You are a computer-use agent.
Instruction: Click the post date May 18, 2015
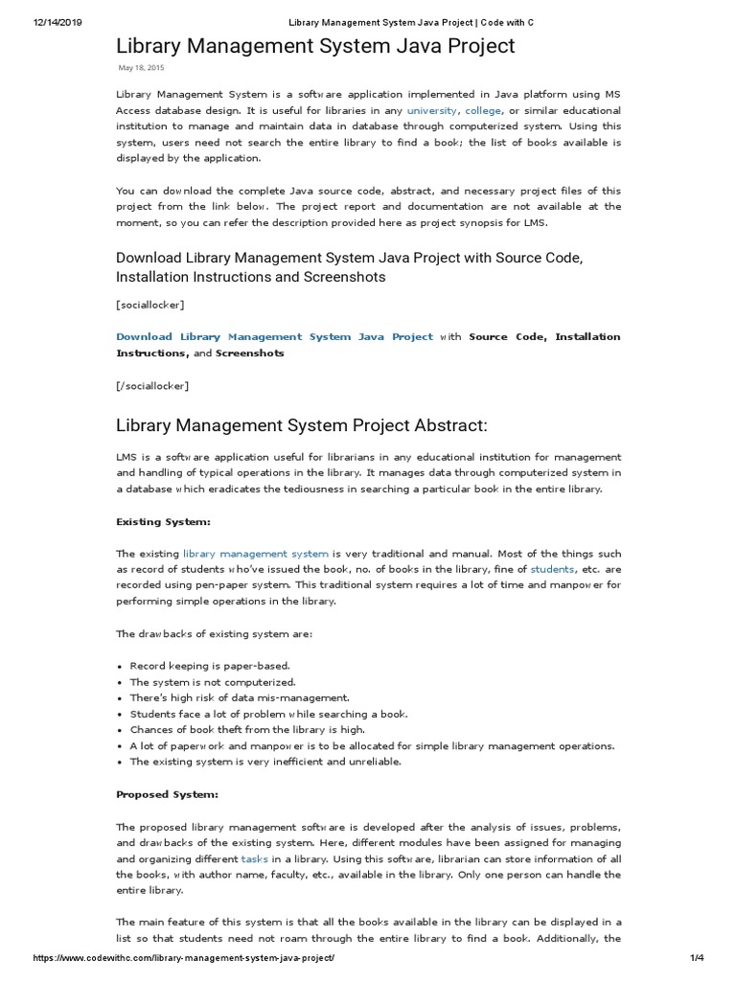click(141, 68)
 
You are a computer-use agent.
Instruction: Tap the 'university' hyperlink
click(432, 110)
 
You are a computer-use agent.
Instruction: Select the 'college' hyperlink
click(484, 110)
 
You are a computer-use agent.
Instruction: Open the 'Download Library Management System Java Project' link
click(274, 336)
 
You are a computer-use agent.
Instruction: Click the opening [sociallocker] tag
click(150, 305)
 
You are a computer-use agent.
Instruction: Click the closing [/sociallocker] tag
click(152, 385)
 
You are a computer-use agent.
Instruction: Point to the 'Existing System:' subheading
click(163, 521)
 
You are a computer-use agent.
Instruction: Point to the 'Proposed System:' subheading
click(167, 794)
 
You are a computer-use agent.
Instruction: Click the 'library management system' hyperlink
click(256, 554)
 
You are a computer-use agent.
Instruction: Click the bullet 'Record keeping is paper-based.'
click(209, 665)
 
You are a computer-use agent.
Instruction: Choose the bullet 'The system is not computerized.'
click(213, 681)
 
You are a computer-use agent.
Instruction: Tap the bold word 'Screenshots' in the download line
click(250, 353)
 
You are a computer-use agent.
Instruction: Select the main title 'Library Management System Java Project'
click(315, 45)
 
